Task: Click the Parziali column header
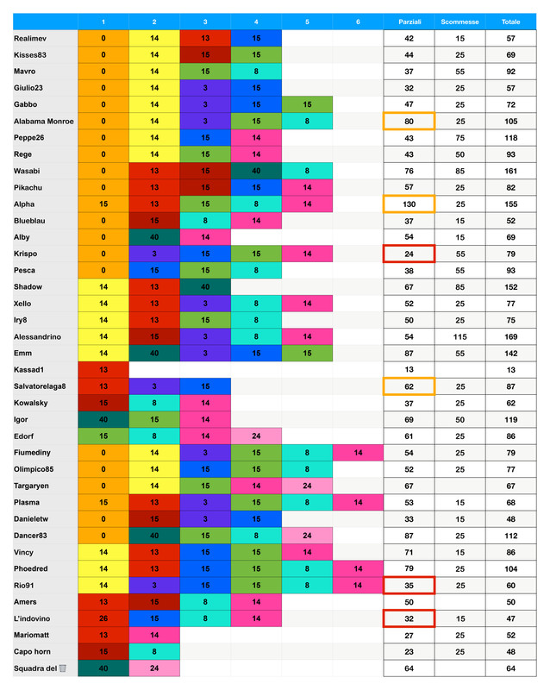tap(409, 21)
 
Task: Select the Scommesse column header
tap(459, 21)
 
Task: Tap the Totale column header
tap(510, 21)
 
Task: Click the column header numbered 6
tap(358, 21)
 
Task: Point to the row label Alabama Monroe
tap(44, 121)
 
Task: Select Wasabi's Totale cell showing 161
tap(510, 171)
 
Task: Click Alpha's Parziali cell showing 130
tap(409, 204)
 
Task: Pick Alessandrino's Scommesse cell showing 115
tap(459, 336)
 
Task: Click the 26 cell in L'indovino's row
tap(103, 618)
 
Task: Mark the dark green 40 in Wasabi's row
tap(256, 171)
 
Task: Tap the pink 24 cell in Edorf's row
tap(256, 436)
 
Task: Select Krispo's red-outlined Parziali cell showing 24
tap(409, 253)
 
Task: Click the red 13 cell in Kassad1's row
tap(103, 369)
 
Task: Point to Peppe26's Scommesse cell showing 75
tap(459, 138)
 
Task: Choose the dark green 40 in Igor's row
tap(103, 419)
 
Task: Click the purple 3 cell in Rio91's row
tap(154, 584)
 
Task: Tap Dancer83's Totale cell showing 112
tap(510, 535)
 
